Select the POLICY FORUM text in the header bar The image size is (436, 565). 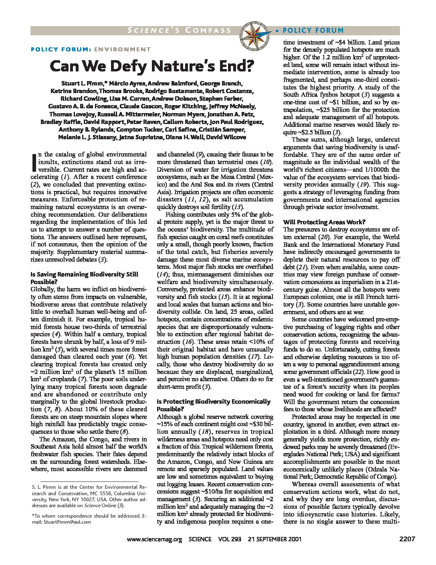pos(313,30)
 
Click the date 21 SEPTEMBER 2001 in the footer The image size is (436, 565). pos(275,539)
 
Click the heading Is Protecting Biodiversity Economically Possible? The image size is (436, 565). pos(213,405)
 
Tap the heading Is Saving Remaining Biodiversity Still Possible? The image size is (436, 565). pos(84,278)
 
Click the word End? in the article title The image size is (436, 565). pos(230,66)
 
